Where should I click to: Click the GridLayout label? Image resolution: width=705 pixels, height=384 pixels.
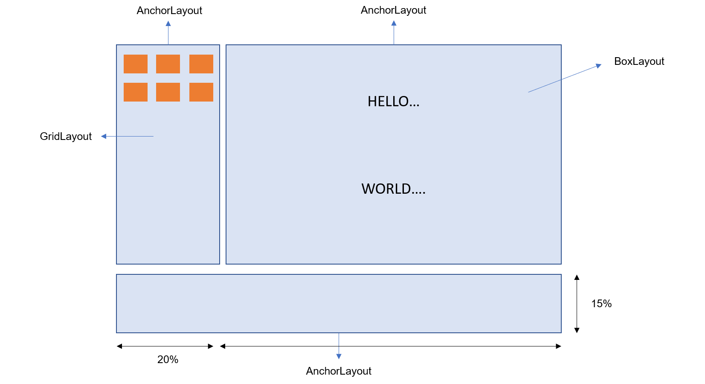point(66,137)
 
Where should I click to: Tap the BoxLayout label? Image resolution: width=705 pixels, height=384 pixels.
point(639,61)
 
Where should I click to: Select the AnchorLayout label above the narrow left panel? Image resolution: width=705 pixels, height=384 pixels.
point(169,11)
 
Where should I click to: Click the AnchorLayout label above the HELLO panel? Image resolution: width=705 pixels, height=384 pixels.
point(393,10)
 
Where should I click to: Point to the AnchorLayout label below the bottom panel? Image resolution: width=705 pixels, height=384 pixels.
point(339,371)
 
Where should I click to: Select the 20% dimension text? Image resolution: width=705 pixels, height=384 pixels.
point(168,360)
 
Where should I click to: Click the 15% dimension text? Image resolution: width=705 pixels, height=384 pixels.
point(601,303)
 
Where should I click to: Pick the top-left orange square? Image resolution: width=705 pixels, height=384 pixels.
point(136,64)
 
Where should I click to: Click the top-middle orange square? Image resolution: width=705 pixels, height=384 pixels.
point(168,64)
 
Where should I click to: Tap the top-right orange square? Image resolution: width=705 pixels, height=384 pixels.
point(201,64)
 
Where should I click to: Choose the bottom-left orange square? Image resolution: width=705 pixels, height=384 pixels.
point(136,92)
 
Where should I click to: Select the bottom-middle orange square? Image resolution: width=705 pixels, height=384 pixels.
point(168,92)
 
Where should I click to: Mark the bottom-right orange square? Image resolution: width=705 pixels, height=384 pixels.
point(201,92)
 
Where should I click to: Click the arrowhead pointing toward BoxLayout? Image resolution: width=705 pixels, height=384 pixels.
point(599,65)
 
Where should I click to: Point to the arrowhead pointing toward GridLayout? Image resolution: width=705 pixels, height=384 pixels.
point(103,137)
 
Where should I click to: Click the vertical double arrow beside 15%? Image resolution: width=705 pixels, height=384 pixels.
point(577,303)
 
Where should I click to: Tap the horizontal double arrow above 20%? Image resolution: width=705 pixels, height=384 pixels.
point(165,346)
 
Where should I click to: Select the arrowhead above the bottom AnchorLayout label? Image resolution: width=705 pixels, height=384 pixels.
point(339,356)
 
